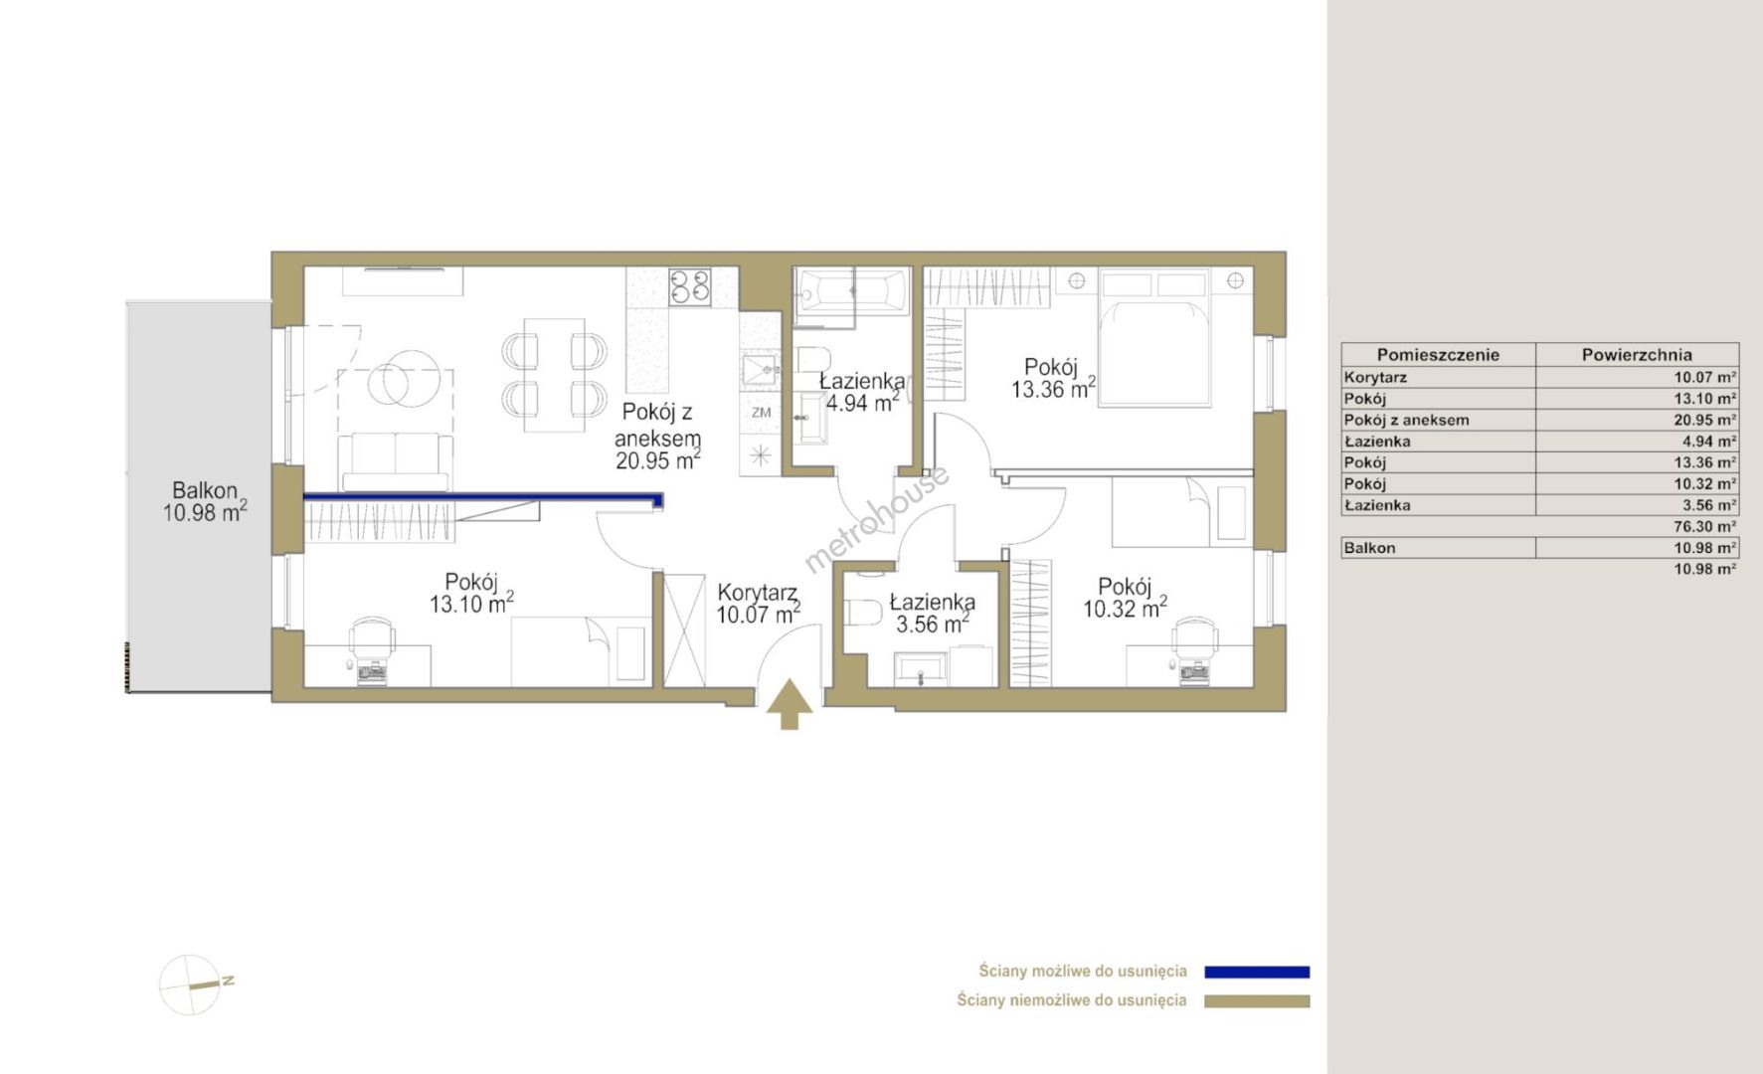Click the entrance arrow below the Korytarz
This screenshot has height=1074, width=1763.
790,704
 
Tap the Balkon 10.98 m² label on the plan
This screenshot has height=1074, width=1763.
205,502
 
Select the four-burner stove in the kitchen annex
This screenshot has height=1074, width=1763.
689,286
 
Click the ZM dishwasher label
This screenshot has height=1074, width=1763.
761,413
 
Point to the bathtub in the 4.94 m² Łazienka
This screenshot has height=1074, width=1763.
852,291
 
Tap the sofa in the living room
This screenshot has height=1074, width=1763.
396,460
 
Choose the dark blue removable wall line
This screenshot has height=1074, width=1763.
483,499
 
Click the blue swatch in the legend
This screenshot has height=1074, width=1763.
1257,973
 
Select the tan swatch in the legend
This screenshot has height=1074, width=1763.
1257,1001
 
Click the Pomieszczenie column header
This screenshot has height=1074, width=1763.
1438,355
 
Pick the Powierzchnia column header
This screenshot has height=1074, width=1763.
1637,355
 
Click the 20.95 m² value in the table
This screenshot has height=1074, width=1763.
1705,420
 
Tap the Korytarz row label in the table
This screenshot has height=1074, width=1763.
1375,377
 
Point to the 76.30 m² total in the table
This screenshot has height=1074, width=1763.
1705,526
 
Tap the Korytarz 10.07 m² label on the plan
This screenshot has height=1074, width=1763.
758,604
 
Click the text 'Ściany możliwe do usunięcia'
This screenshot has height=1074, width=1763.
1083,972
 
